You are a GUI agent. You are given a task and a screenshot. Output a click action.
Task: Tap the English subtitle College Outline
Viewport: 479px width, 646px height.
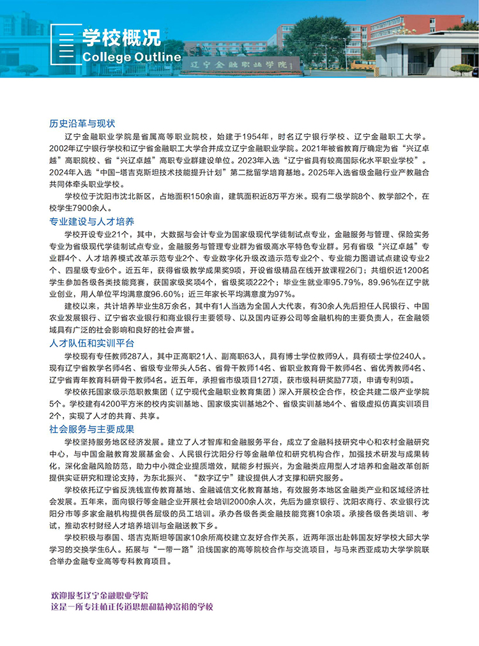point(132,57)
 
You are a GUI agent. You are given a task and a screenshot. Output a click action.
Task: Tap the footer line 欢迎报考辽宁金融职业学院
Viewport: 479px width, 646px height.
point(100,595)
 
